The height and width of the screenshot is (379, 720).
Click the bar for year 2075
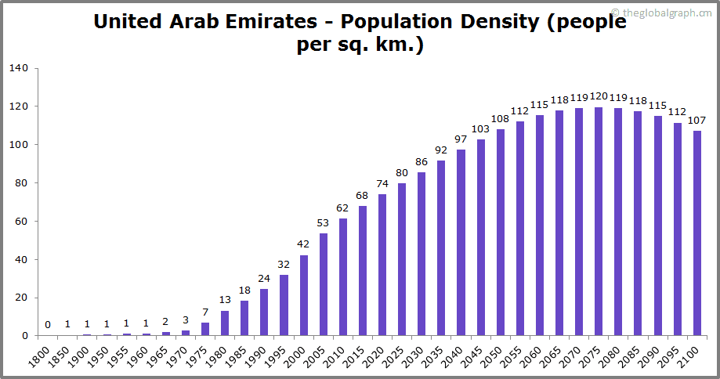(599, 222)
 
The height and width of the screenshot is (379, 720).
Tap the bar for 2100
(697, 233)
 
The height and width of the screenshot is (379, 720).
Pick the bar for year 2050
(501, 233)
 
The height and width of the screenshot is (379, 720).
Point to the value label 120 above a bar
(599, 96)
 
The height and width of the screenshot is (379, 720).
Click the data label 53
(324, 223)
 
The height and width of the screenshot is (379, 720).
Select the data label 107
(697, 121)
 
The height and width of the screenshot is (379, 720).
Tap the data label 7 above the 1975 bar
(205, 312)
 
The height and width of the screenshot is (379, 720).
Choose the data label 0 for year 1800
(48, 325)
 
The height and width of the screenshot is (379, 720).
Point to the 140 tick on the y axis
(19, 68)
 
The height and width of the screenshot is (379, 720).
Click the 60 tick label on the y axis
(22, 222)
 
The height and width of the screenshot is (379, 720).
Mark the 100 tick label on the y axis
(19, 145)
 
